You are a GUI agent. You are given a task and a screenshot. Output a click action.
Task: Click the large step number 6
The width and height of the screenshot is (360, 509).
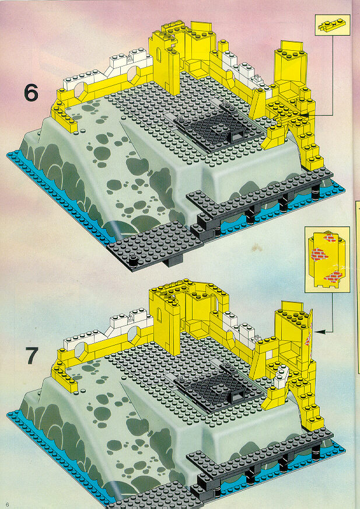(31, 93)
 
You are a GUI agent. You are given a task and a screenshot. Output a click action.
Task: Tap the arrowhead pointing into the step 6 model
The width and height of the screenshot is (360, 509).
(304, 115)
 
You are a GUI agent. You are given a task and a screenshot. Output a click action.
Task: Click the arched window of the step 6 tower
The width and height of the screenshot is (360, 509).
(159, 54)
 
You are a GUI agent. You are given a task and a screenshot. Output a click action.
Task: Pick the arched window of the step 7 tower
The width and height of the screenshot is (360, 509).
(159, 315)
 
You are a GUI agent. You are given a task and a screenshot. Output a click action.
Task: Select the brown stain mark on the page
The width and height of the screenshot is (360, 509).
(257, 249)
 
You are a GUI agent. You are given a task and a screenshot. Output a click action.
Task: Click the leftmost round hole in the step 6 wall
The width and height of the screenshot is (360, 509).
(81, 90)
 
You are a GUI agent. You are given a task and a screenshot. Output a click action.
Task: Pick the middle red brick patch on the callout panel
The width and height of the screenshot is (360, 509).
(320, 254)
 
